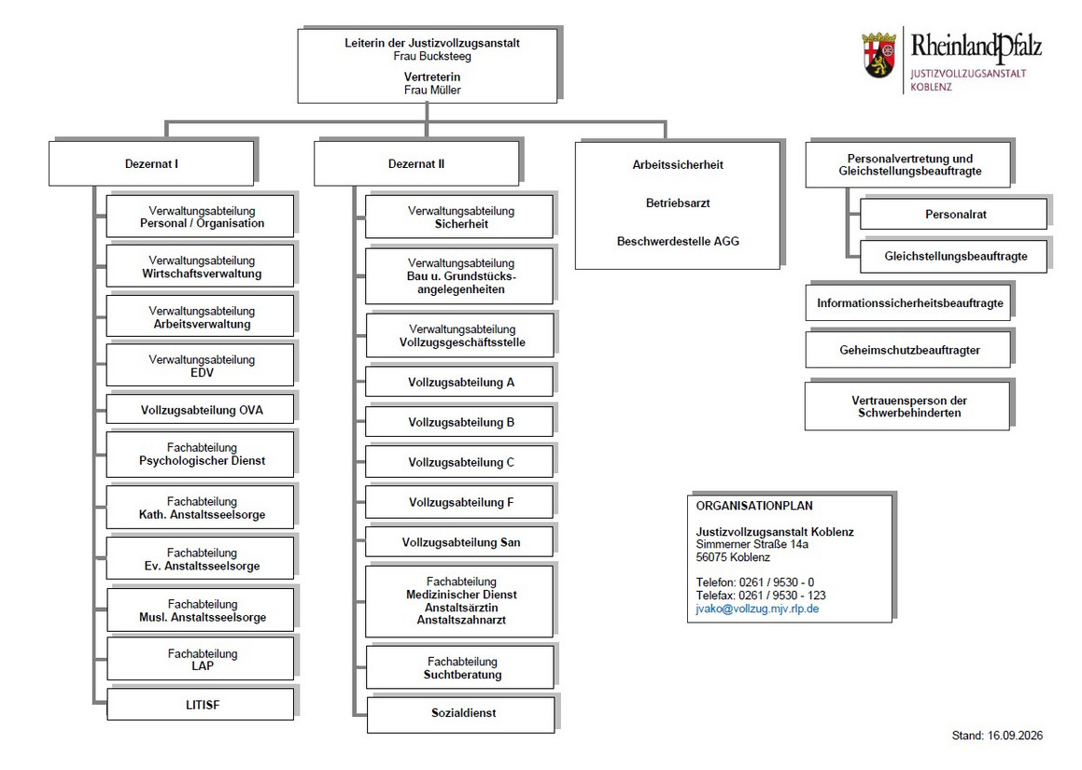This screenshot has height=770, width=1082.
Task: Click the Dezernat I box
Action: click(151, 163)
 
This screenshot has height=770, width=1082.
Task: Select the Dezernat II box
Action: click(416, 163)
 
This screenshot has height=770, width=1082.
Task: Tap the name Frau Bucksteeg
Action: click(432, 56)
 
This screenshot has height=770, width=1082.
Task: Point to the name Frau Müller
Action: click(432, 90)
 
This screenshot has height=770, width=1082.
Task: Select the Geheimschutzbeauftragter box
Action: click(908, 350)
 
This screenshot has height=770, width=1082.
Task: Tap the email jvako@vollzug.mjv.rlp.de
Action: click(757, 609)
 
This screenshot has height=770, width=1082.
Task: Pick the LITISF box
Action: click(200, 705)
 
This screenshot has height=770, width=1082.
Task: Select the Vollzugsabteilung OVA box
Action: click(200, 409)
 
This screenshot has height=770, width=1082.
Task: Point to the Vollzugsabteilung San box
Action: click(459, 541)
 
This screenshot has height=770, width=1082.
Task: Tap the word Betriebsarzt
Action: click(678, 203)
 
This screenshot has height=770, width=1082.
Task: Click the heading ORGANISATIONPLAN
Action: click(754, 506)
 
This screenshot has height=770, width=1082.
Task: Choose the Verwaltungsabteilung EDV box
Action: click(200, 365)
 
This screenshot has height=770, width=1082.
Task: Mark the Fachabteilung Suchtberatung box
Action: click(460, 667)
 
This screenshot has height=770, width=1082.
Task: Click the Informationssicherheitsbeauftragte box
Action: click(908, 303)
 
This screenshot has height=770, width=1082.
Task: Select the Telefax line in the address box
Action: click(761, 595)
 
